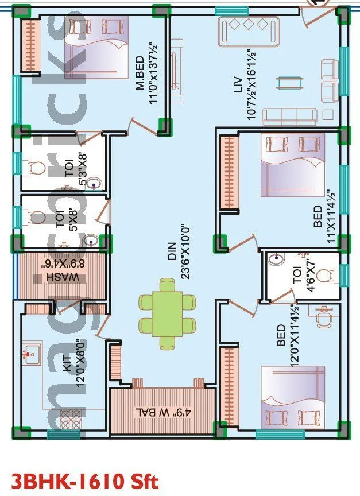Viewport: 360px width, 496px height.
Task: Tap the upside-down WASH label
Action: (x=60, y=272)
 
